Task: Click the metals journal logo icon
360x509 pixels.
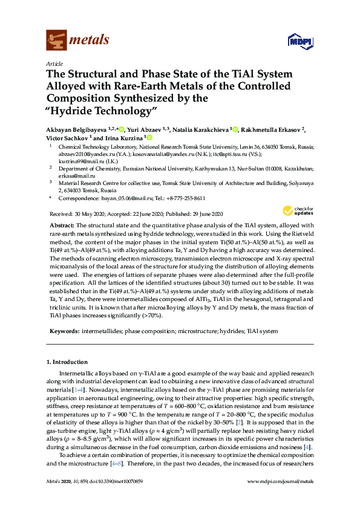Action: point(56,40)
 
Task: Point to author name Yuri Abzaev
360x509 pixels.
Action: point(143,129)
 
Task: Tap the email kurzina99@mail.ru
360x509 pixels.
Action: point(80,161)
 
